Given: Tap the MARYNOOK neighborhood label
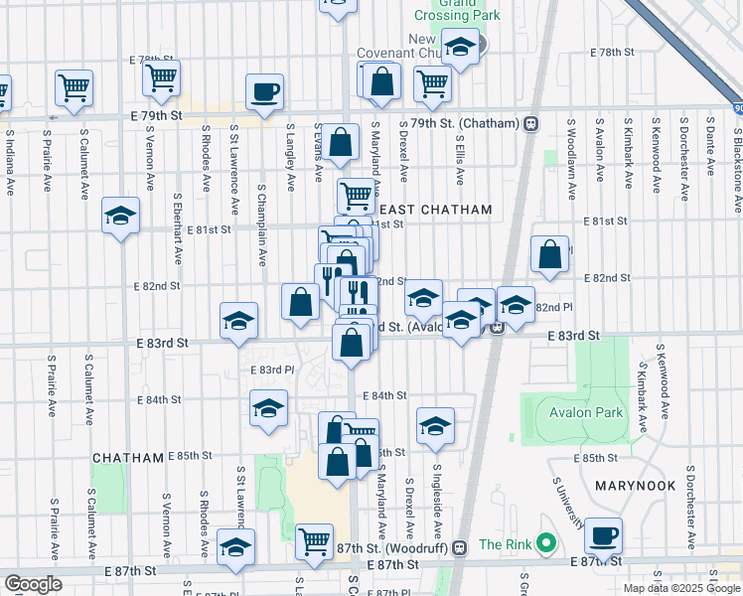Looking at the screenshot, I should click(x=636, y=486).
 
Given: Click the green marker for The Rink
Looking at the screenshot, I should click(x=544, y=543).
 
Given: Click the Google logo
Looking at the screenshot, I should click(x=33, y=584).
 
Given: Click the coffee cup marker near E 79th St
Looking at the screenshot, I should click(x=264, y=92).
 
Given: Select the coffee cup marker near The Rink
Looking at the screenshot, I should click(x=603, y=536).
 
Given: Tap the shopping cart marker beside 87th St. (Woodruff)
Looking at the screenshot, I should click(x=314, y=541).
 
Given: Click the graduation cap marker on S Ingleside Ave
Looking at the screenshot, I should click(x=434, y=426).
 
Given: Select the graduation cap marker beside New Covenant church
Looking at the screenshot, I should click(x=460, y=47).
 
